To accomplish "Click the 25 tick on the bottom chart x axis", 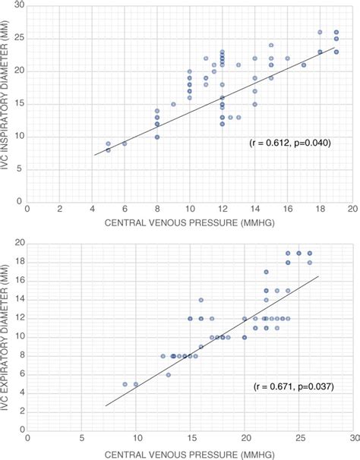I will pyautogui.click(x=299, y=439).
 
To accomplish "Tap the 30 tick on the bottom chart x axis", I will pyautogui.click(x=353, y=439).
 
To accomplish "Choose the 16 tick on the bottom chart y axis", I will pyautogui.click(x=19, y=280).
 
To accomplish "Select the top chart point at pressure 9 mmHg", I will pyautogui.click(x=173, y=104).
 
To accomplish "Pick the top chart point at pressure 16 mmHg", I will pyautogui.click(x=287, y=58).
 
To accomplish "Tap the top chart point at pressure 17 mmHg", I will pyautogui.click(x=304, y=65).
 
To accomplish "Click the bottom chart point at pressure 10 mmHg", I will pyautogui.click(x=136, y=384).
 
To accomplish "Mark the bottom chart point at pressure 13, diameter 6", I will pyautogui.click(x=169, y=374).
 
